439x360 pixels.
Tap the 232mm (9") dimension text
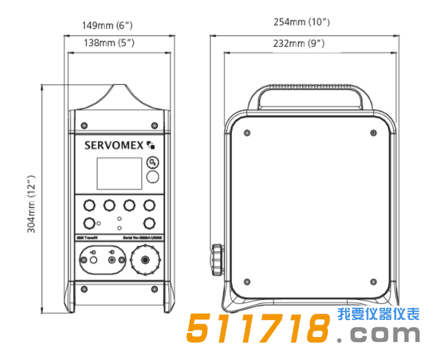click(302, 43)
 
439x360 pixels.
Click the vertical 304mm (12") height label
click(32, 204)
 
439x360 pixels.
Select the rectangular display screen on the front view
click(119, 173)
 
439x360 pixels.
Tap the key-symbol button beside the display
click(153, 163)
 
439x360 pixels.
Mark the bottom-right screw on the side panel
click(373, 282)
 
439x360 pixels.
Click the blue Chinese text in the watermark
click(379, 314)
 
